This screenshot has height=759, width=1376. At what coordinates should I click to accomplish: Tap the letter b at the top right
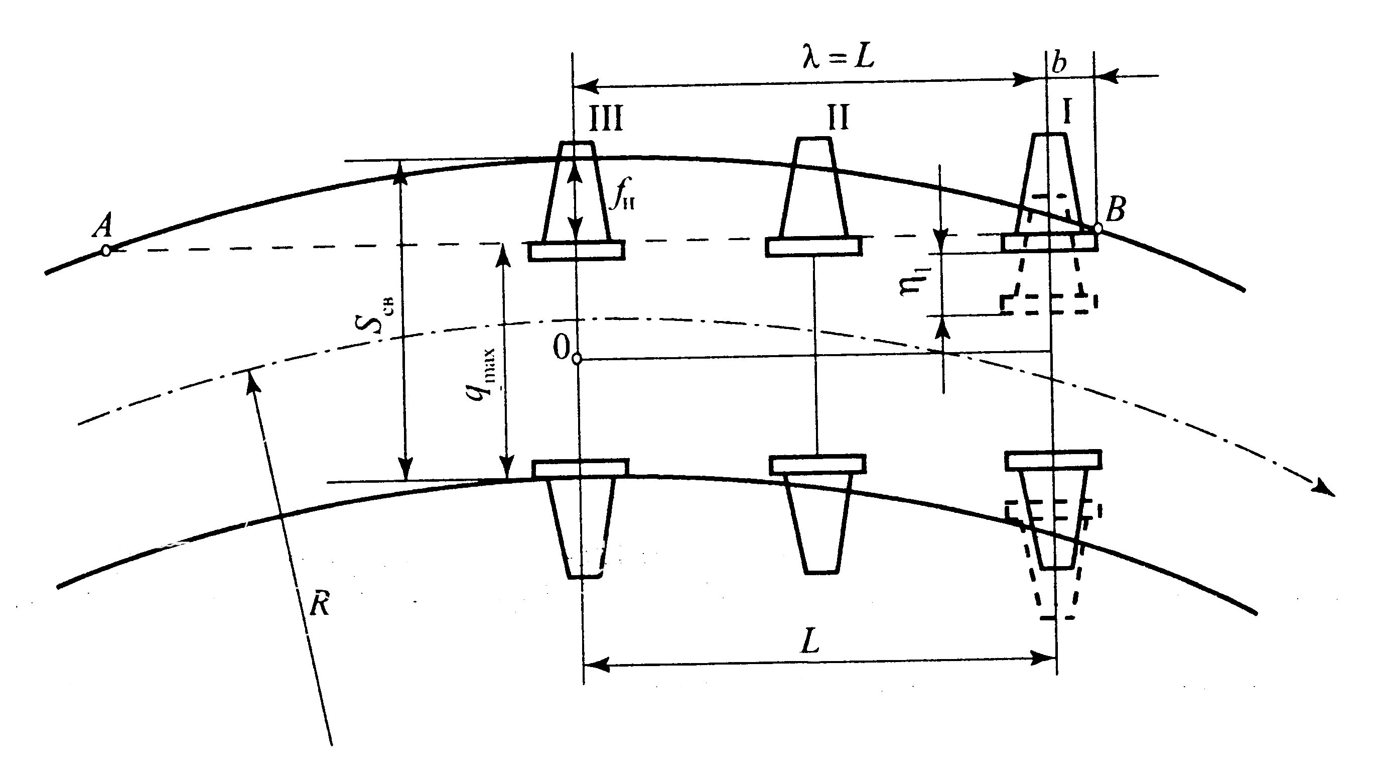1058,64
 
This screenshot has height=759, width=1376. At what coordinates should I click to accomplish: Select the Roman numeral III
606,119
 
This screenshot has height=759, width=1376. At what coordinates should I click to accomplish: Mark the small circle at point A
106,250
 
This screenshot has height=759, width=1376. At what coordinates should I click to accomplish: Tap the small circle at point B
1097,228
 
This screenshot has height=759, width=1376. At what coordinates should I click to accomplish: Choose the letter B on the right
1116,210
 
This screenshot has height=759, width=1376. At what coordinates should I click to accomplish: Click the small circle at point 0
577,359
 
